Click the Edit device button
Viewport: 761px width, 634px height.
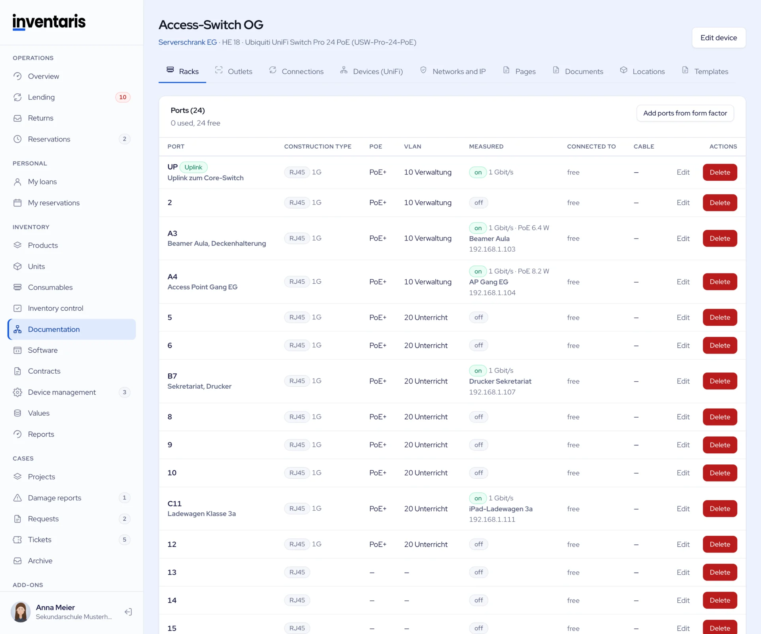(x=719, y=38)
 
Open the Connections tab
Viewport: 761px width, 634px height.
(x=296, y=71)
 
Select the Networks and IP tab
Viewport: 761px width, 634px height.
(x=453, y=71)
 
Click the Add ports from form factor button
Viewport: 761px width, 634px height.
(x=685, y=113)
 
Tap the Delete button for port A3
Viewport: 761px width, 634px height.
(x=720, y=238)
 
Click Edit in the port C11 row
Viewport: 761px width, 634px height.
(x=683, y=508)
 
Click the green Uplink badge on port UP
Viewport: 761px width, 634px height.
(x=193, y=167)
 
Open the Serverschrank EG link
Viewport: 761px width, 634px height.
(x=187, y=42)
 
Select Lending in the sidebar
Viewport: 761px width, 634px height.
(x=41, y=97)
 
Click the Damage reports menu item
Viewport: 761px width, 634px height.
(x=54, y=498)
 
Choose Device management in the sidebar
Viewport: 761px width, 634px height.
(x=62, y=392)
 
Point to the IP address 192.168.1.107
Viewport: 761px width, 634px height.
(x=492, y=392)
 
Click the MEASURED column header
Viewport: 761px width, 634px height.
(x=486, y=147)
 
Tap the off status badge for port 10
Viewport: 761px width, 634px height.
(x=478, y=473)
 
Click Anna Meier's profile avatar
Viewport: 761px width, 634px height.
(x=21, y=612)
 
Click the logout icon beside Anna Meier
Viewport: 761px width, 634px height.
(x=128, y=612)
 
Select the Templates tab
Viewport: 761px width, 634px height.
(x=705, y=71)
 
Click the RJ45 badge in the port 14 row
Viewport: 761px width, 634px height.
(x=297, y=600)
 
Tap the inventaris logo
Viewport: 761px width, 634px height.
(x=49, y=22)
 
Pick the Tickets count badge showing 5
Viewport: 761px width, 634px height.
(x=124, y=540)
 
